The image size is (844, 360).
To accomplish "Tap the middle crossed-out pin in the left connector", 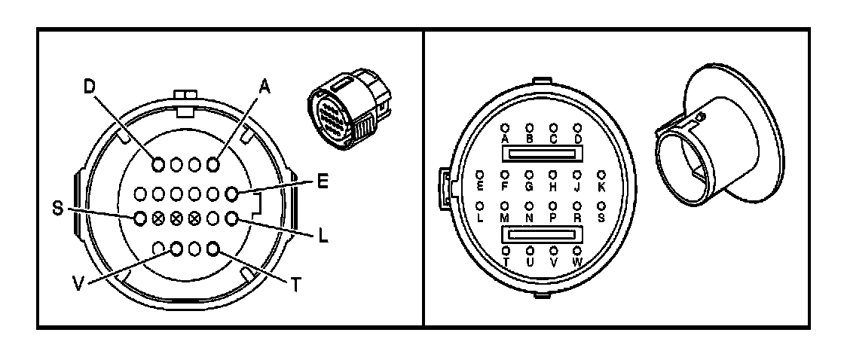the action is pyautogui.click(x=176, y=218).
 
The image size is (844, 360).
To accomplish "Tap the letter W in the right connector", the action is pyautogui.click(x=578, y=261).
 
